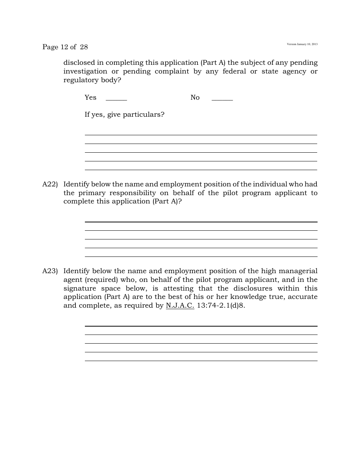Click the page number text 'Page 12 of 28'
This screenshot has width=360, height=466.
(65, 47)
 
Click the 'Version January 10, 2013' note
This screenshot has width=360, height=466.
(302, 44)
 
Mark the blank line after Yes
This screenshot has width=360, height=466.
(116, 100)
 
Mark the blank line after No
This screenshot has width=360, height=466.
(222, 100)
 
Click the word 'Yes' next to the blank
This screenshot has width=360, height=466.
(91, 97)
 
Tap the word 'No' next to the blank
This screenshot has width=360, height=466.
(195, 97)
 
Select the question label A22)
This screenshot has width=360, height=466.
(50, 184)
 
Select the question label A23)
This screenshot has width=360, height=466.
(50, 271)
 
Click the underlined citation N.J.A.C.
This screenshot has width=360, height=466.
(180, 305)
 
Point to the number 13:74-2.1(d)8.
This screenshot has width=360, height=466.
(221, 305)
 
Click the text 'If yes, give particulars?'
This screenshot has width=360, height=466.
(124, 114)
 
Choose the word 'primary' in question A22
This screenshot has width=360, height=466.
(91, 193)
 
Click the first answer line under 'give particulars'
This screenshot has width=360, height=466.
(201, 134)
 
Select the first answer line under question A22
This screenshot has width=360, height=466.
(201, 222)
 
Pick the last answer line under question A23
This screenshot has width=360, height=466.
(201, 361)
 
